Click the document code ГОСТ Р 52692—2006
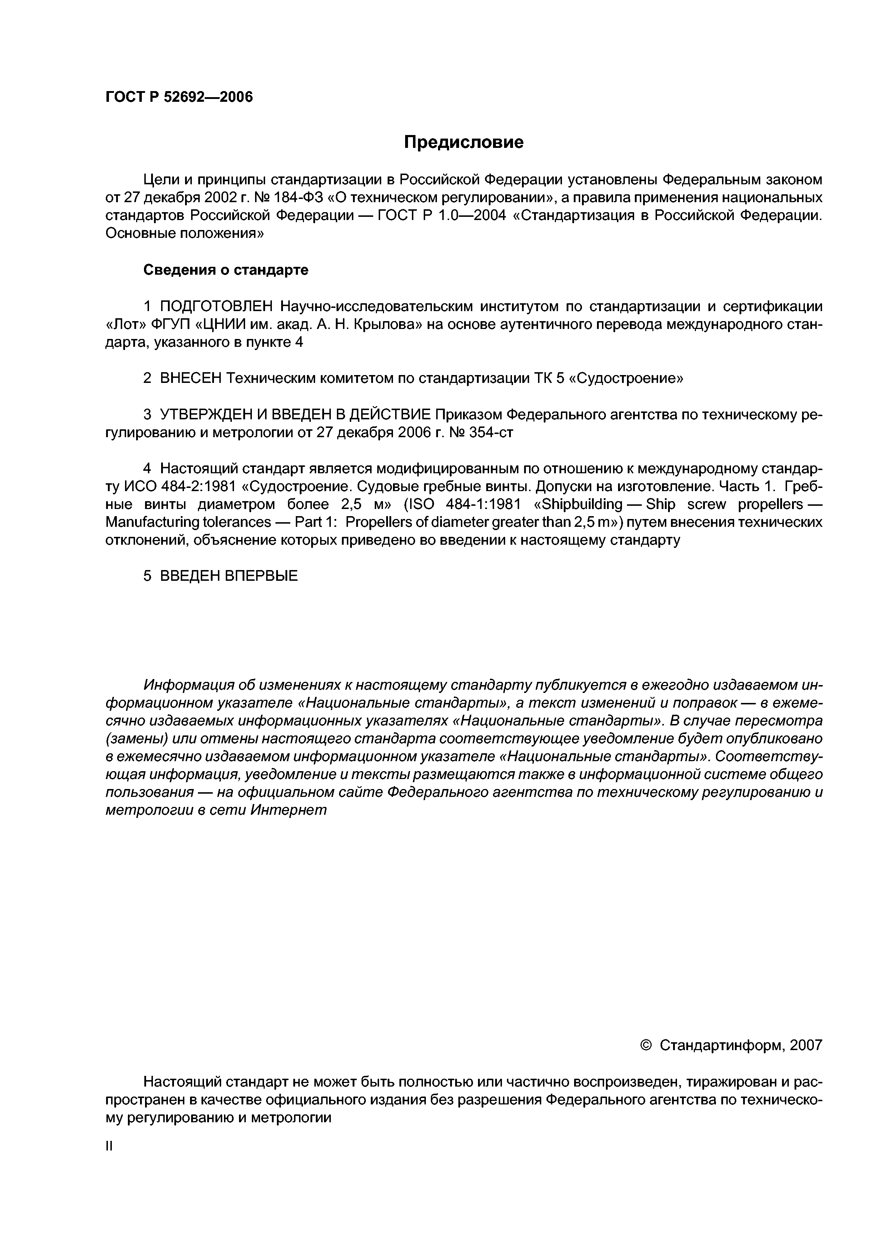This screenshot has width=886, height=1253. point(179,97)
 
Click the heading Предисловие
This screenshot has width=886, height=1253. point(463,143)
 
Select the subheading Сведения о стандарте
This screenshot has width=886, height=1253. point(225,270)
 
